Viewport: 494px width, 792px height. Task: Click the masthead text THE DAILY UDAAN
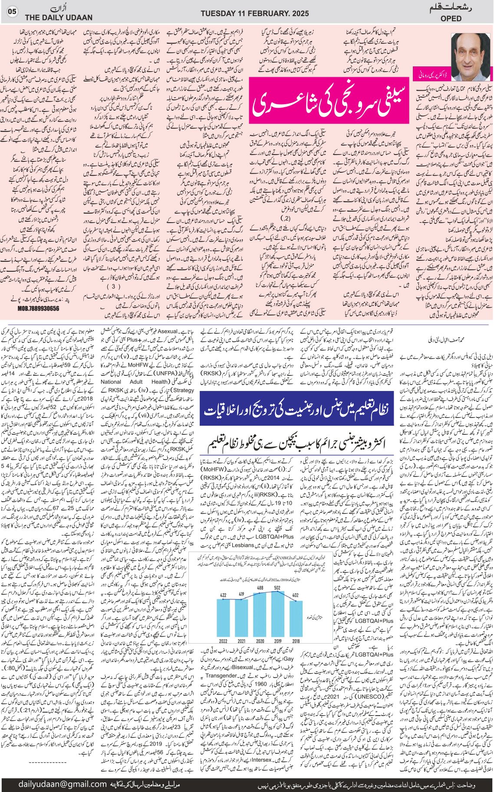(59, 17)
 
